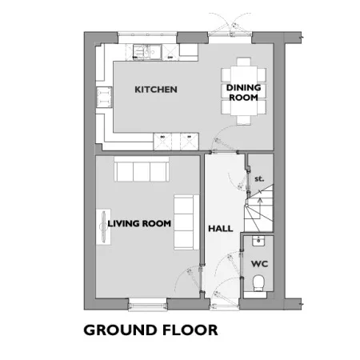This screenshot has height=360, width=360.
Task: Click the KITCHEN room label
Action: pos(156,90)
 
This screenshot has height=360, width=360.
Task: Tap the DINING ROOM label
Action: pos(243,92)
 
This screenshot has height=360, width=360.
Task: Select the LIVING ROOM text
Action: pos(139,223)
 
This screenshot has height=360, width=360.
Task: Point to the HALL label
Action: pos(221,229)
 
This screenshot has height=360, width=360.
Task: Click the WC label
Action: pos(259,264)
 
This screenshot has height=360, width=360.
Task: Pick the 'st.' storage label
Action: pos(259,178)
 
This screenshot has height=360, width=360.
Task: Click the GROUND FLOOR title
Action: pos(150,330)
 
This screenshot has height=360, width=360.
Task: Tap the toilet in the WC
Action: pos(258,283)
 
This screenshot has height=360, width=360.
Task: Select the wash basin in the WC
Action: pos(258,241)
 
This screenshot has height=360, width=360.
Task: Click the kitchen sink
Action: pos(147,51)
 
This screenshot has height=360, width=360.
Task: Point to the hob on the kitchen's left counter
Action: pos(104,98)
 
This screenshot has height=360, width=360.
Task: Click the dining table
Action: pos(244,91)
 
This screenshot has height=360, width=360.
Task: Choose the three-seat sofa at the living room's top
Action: pos(142,169)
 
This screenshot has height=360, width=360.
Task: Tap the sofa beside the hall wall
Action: pos(186,222)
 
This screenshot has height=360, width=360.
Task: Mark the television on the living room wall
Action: pos(103,226)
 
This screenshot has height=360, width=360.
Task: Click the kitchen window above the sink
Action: pos(147,34)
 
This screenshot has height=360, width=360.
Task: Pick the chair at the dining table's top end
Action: pos(244,62)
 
